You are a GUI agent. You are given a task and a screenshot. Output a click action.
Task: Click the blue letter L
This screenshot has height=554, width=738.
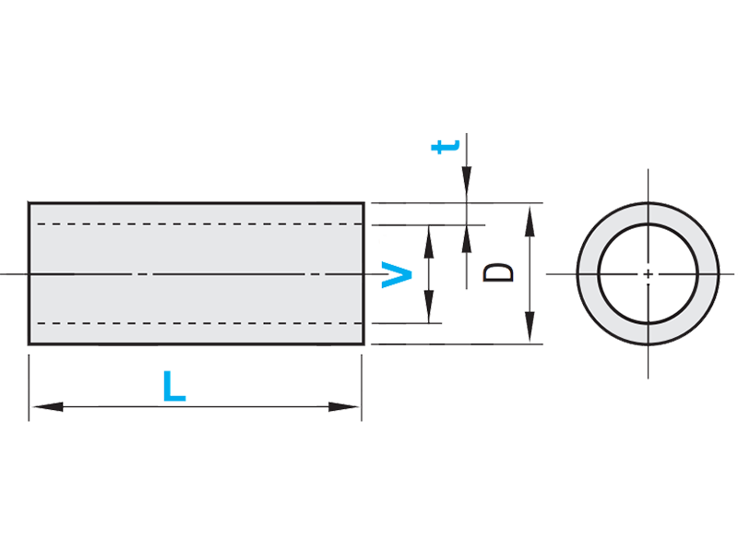[x=173, y=386]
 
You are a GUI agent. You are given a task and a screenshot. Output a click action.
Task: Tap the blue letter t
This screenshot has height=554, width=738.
[x=446, y=147]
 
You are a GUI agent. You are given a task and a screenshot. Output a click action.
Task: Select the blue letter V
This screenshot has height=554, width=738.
[x=398, y=274]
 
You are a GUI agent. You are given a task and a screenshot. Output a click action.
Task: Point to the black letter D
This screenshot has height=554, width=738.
[x=499, y=272]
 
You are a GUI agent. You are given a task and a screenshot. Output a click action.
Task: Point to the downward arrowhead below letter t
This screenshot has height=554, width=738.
[x=467, y=190]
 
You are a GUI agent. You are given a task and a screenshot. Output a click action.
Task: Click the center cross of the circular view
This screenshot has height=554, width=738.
[x=649, y=274]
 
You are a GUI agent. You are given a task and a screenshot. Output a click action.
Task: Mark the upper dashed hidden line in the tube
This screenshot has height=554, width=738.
[x=184, y=225]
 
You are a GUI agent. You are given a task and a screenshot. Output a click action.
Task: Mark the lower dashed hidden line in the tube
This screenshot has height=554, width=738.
[x=184, y=323]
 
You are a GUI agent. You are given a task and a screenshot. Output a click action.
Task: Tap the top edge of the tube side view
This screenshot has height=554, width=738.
[x=184, y=202]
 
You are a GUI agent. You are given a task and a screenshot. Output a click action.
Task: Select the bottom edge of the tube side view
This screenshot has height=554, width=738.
[x=184, y=344]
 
